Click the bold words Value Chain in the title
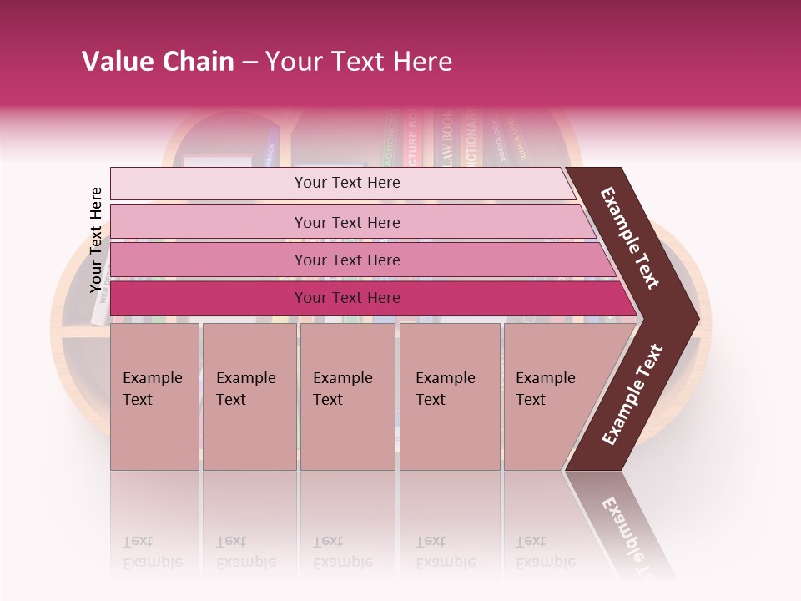pyautogui.click(x=158, y=62)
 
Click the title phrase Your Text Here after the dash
pyautogui.click(x=359, y=62)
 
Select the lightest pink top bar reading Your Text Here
pyautogui.click(x=347, y=183)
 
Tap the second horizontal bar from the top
pyautogui.click(x=347, y=222)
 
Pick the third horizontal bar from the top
pyautogui.click(x=347, y=260)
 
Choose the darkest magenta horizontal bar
pyautogui.click(x=347, y=298)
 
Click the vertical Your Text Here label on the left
pyautogui.click(x=96, y=240)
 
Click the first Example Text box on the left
pyautogui.click(x=154, y=396)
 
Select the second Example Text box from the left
pyautogui.click(x=249, y=396)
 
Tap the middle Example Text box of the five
pyautogui.click(x=346, y=396)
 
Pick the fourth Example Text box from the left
pyautogui.click(x=449, y=396)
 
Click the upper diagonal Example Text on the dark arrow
pyautogui.click(x=630, y=239)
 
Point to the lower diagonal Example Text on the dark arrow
pyautogui.click(x=632, y=395)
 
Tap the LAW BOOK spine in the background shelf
pyautogui.click(x=448, y=139)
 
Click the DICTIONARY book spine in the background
pyautogui.click(x=472, y=134)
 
